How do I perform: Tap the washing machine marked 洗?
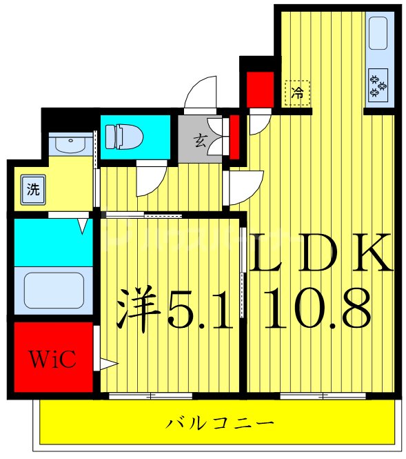click(32, 191)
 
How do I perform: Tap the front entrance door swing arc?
click(201, 92)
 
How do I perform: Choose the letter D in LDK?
click(319, 255)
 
